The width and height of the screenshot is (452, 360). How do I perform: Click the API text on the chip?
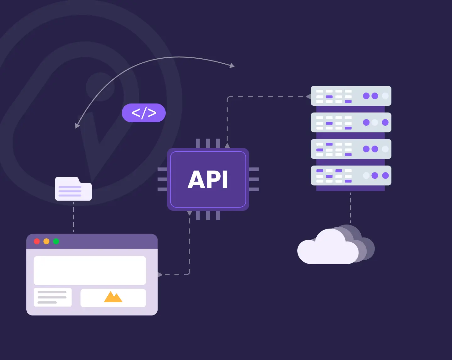point(208,180)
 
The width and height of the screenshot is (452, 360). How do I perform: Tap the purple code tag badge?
point(144,113)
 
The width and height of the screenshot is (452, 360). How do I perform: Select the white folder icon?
point(73,189)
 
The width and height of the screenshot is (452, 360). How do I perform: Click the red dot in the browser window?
point(37,241)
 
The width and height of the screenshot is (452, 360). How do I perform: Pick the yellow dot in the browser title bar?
point(46,241)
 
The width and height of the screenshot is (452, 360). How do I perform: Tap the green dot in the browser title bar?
point(56,241)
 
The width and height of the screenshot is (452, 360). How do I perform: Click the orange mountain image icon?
point(113,297)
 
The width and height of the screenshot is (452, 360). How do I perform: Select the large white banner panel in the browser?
point(90,270)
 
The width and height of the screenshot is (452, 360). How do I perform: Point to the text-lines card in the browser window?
point(52,297)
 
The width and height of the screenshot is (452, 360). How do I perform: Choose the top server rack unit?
point(351,96)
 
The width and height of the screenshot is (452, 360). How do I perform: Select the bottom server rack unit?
point(351,176)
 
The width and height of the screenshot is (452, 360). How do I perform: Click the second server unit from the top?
point(351,122)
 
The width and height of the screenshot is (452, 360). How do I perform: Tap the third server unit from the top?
point(351,149)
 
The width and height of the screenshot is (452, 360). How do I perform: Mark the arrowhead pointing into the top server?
point(308,97)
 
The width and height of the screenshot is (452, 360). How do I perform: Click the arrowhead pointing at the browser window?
point(160,275)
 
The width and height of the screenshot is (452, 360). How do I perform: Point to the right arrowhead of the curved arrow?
point(232,66)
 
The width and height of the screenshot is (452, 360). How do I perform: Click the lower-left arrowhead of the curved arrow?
point(77,126)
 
